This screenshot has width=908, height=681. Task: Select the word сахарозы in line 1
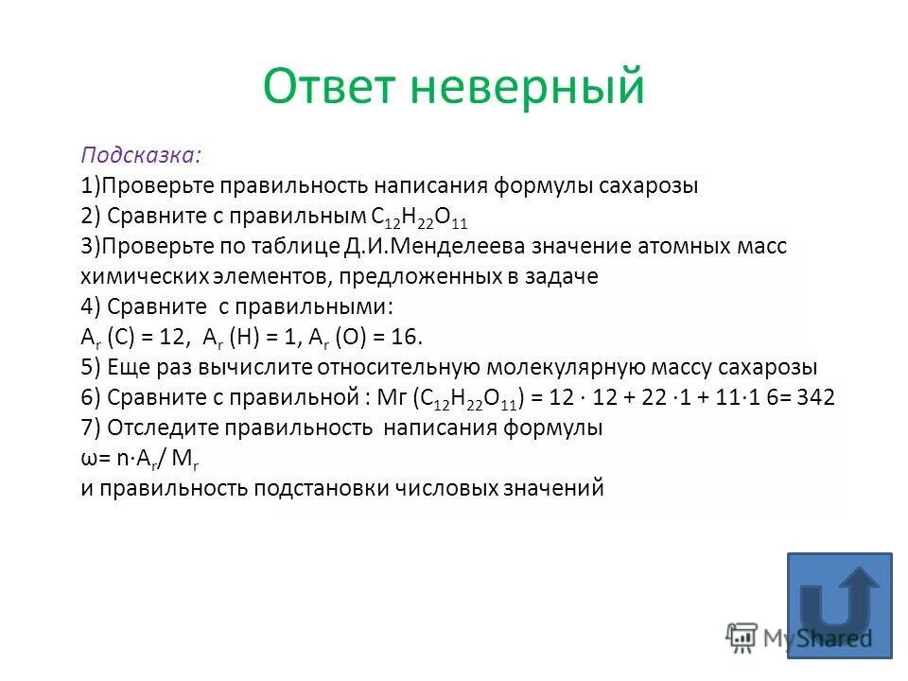649,185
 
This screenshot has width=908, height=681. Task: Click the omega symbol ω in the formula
88,459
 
